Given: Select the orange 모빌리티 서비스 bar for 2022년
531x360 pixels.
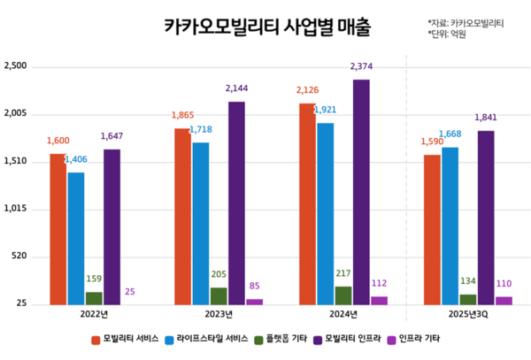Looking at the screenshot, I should click(58, 228).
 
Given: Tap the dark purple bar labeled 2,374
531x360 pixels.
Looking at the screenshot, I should click(361, 191).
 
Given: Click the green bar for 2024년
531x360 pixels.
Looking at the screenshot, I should click(343, 295).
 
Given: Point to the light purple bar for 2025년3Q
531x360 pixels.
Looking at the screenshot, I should click(504, 300).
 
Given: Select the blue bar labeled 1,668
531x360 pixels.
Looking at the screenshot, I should click(450, 225).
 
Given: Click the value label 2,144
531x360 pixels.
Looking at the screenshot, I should click(237, 89).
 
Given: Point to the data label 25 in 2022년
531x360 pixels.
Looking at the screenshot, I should click(130, 292).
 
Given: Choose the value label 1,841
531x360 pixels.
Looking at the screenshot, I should click(486, 118).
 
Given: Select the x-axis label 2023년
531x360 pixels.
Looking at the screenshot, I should click(219, 315).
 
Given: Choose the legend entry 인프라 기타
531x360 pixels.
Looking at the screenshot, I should click(419, 339).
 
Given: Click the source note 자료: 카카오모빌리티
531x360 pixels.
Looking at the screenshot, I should click(466, 23).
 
